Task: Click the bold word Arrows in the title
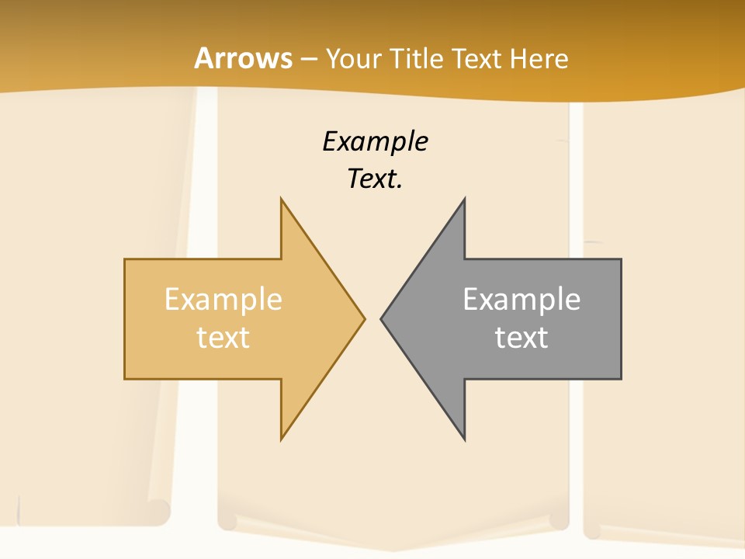tap(243, 58)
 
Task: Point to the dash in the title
tap(308, 59)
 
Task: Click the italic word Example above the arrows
tap(375, 141)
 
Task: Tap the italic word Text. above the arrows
tap(375, 179)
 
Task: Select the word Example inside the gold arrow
tap(223, 300)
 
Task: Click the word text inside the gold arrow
tap(223, 337)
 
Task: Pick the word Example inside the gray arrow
tap(521, 300)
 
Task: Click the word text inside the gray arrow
tap(521, 337)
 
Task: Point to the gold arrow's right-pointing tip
tap(363, 318)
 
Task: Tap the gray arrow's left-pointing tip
tap(382, 318)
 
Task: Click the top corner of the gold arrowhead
tap(282, 200)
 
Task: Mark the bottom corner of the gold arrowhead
tap(282, 438)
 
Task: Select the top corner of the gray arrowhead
tap(464, 200)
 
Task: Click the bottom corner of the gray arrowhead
tap(464, 438)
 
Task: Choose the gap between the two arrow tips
tap(372, 318)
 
